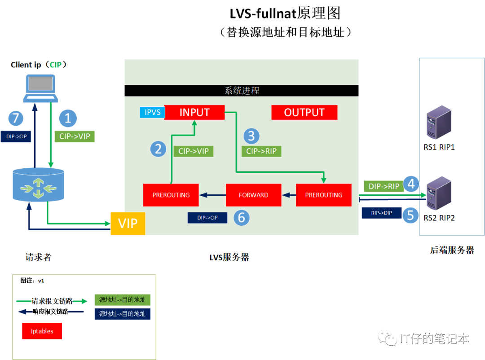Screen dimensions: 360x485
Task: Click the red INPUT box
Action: click(x=194, y=112)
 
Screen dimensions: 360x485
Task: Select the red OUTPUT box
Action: click(x=304, y=112)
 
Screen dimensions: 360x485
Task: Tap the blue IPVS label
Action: click(x=153, y=112)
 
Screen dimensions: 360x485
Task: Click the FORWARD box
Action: click(x=253, y=195)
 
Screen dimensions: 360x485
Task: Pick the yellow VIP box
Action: click(x=128, y=223)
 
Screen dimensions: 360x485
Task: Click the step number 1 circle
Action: click(x=68, y=118)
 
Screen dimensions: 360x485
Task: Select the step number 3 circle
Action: click(x=251, y=136)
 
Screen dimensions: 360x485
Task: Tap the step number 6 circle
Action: click(x=241, y=218)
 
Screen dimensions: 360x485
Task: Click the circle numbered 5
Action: click(x=410, y=215)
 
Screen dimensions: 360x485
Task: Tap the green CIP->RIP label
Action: click(x=261, y=151)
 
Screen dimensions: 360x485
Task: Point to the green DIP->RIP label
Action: click(x=384, y=186)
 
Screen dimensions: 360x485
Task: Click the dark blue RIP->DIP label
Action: click(x=381, y=213)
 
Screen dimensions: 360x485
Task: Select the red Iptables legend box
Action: click(x=42, y=331)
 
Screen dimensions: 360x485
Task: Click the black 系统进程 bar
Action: click(x=242, y=91)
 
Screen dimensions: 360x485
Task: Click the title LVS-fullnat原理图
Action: click(x=285, y=13)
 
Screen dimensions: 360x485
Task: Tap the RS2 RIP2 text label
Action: click(x=439, y=218)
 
